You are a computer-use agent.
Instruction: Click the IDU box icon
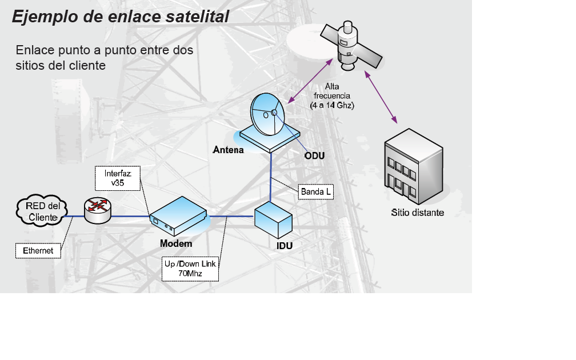pyautogui.click(x=273, y=219)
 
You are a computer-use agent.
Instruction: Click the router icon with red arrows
pyautogui.click(x=97, y=210)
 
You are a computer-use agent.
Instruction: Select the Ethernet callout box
pyautogui.click(x=38, y=250)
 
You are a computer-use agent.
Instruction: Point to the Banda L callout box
pyautogui.click(x=316, y=191)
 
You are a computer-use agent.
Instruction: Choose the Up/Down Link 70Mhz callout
pyautogui.click(x=191, y=269)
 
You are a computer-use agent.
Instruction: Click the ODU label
pyautogui.click(x=314, y=155)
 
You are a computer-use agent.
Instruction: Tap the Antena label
pyautogui.click(x=229, y=150)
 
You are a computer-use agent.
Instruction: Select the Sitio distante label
pyautogui.click(x=417, y=213)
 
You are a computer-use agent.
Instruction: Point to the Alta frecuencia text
pyautogui.click(x=332, y=95)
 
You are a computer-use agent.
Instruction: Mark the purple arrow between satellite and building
pyautogui.click(x=381, y=97)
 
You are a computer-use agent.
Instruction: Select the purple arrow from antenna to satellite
pyautogui.click(x=310, y=81)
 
